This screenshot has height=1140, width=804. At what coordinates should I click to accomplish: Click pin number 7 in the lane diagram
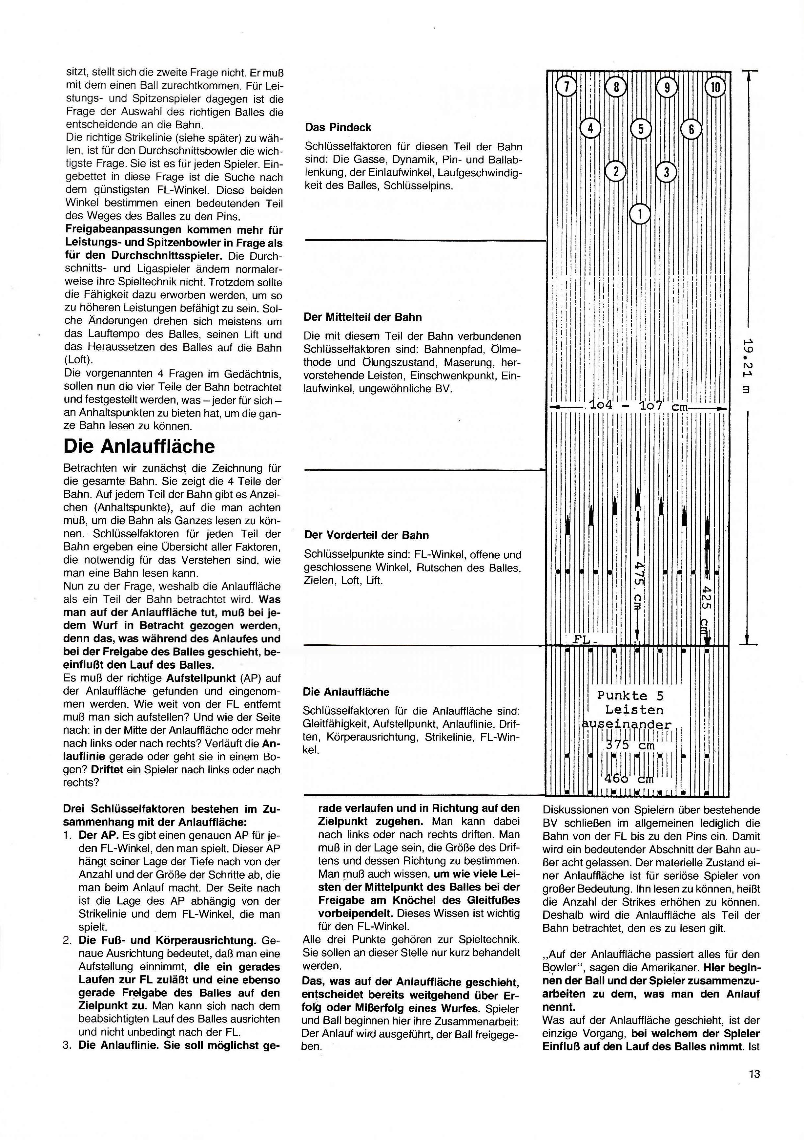(x=566, y=87)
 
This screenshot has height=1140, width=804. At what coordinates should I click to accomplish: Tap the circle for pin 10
(x=715, y=87)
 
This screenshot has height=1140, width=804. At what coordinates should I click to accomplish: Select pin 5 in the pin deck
(x=640, y=129)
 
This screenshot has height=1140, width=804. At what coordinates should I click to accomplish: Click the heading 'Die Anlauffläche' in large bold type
(x=139, y=446)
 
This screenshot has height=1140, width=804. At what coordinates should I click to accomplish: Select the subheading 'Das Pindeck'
(x=338, y=128)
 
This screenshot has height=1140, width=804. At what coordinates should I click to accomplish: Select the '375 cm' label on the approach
(x=630, y=746)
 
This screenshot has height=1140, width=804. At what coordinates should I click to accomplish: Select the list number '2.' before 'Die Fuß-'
(x=69, y=954)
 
